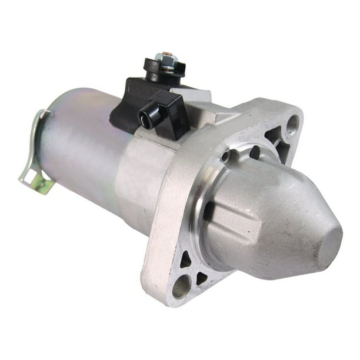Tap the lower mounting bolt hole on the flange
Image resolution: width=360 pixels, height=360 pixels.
pyautogui.click(x=181, y=286)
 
